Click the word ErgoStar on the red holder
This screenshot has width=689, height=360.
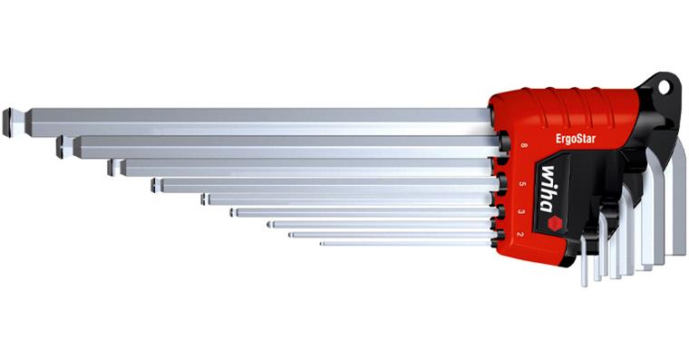[x=576, y=139]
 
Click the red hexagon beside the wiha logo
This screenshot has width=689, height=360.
[x=555, y=224]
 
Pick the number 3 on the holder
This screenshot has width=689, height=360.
[x=521, y=211]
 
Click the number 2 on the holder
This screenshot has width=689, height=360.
[x=519, y=234]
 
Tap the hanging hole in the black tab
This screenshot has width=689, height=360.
[x=664, y=87]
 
